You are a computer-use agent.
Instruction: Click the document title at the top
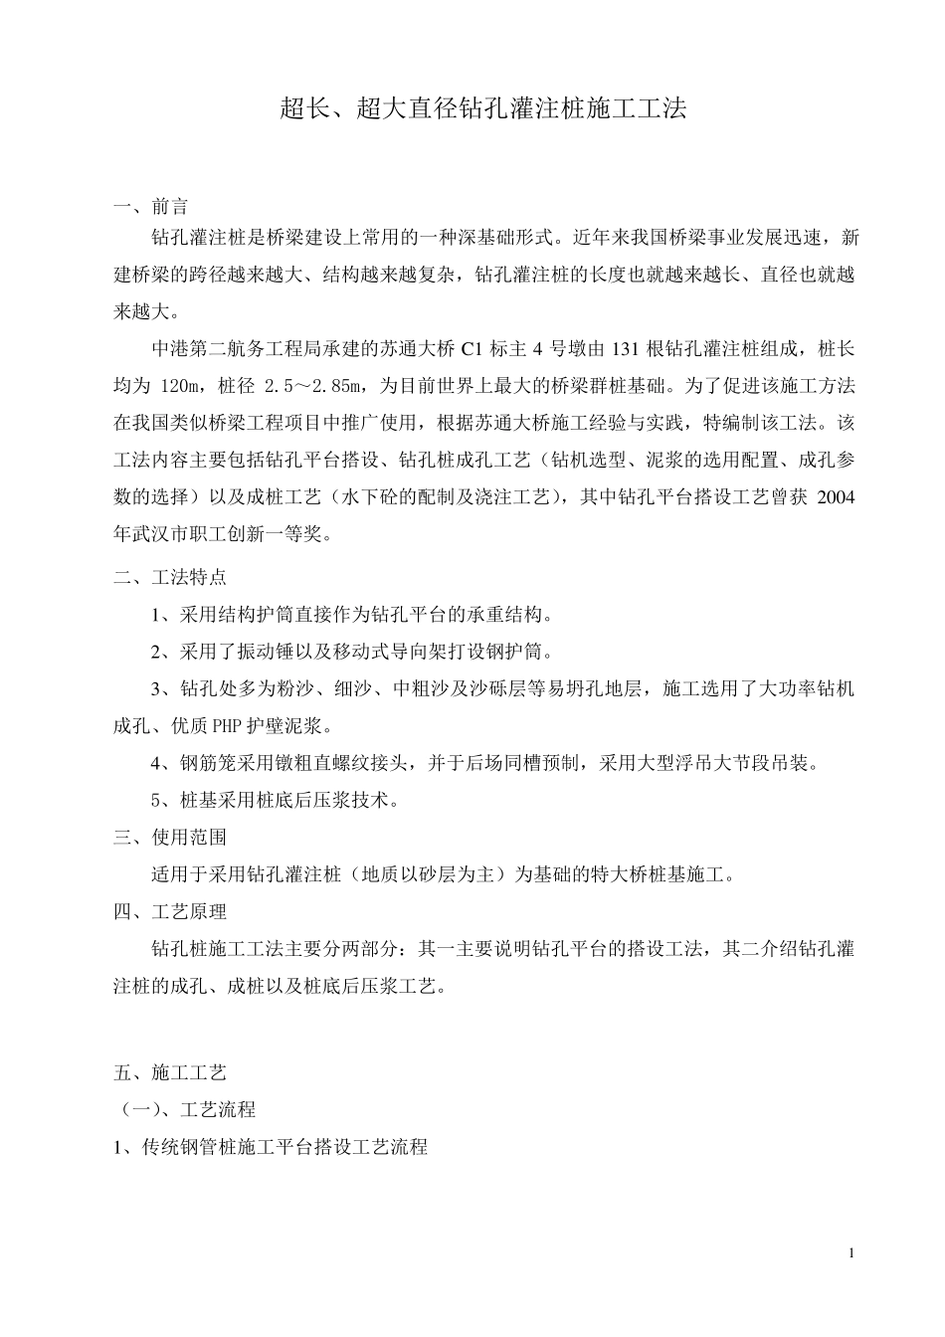tap(482, 109)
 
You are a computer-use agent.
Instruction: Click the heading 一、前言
tap(151, 208)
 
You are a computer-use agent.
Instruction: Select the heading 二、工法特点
tap(170, 577)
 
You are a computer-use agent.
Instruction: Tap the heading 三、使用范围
tap(170, 838)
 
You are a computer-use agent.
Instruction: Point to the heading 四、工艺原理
tap(170, 911)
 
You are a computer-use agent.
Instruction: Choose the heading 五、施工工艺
tap(170, 1072)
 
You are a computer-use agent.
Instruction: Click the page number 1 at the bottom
tap(851, 1252)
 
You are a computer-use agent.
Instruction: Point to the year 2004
tap(836, 497)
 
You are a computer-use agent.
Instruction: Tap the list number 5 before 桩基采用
tap(157, 801)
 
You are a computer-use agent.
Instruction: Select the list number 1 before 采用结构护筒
tap(157, 615)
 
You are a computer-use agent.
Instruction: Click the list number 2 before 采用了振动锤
tap(157, 653)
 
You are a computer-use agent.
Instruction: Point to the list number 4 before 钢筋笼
tap(157, 764)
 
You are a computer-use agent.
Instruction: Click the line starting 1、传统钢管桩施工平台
tap(272, 1147)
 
